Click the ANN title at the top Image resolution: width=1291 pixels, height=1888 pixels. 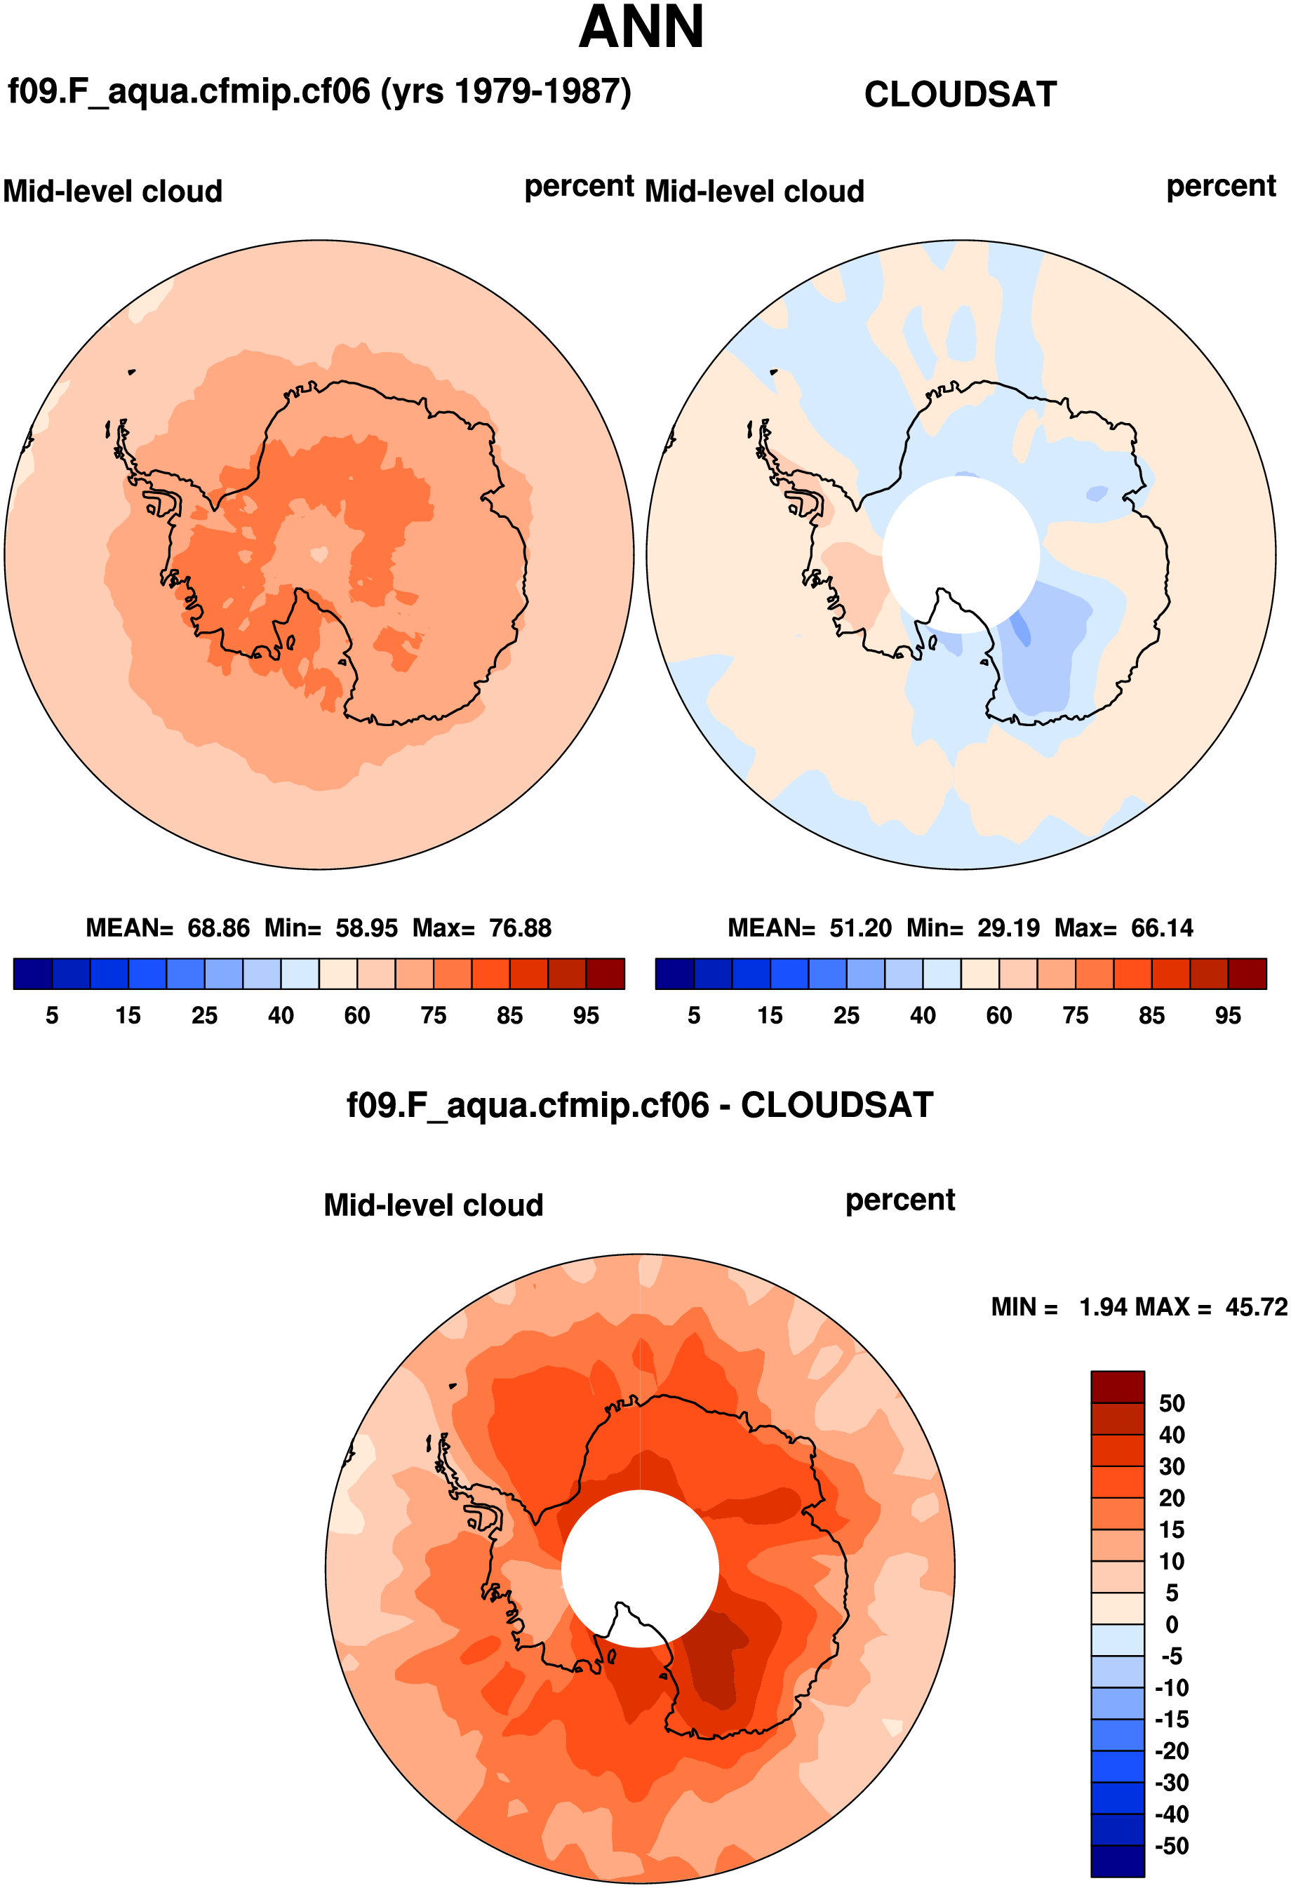pos(641,29)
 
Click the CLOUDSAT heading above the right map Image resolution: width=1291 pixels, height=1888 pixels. pos(961,94)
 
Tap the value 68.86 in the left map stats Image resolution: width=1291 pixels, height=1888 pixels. pos(218,928)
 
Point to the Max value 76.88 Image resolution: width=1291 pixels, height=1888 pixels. pos(520,928)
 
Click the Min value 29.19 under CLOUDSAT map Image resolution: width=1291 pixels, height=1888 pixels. pos(1008,928)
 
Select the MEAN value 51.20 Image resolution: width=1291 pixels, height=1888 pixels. pos(860,928)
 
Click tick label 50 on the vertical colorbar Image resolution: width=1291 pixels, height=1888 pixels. pos(1172,1403)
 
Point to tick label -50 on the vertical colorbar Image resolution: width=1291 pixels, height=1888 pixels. pos(1172,1846)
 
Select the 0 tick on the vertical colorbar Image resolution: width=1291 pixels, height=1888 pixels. pos(1172,1625)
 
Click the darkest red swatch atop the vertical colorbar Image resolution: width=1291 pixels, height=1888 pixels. pos(1117,1387)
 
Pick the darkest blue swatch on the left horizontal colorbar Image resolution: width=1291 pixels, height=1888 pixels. pos(32,973)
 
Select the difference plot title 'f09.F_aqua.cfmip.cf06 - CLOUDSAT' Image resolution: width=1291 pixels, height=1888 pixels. pos(640,1105)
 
